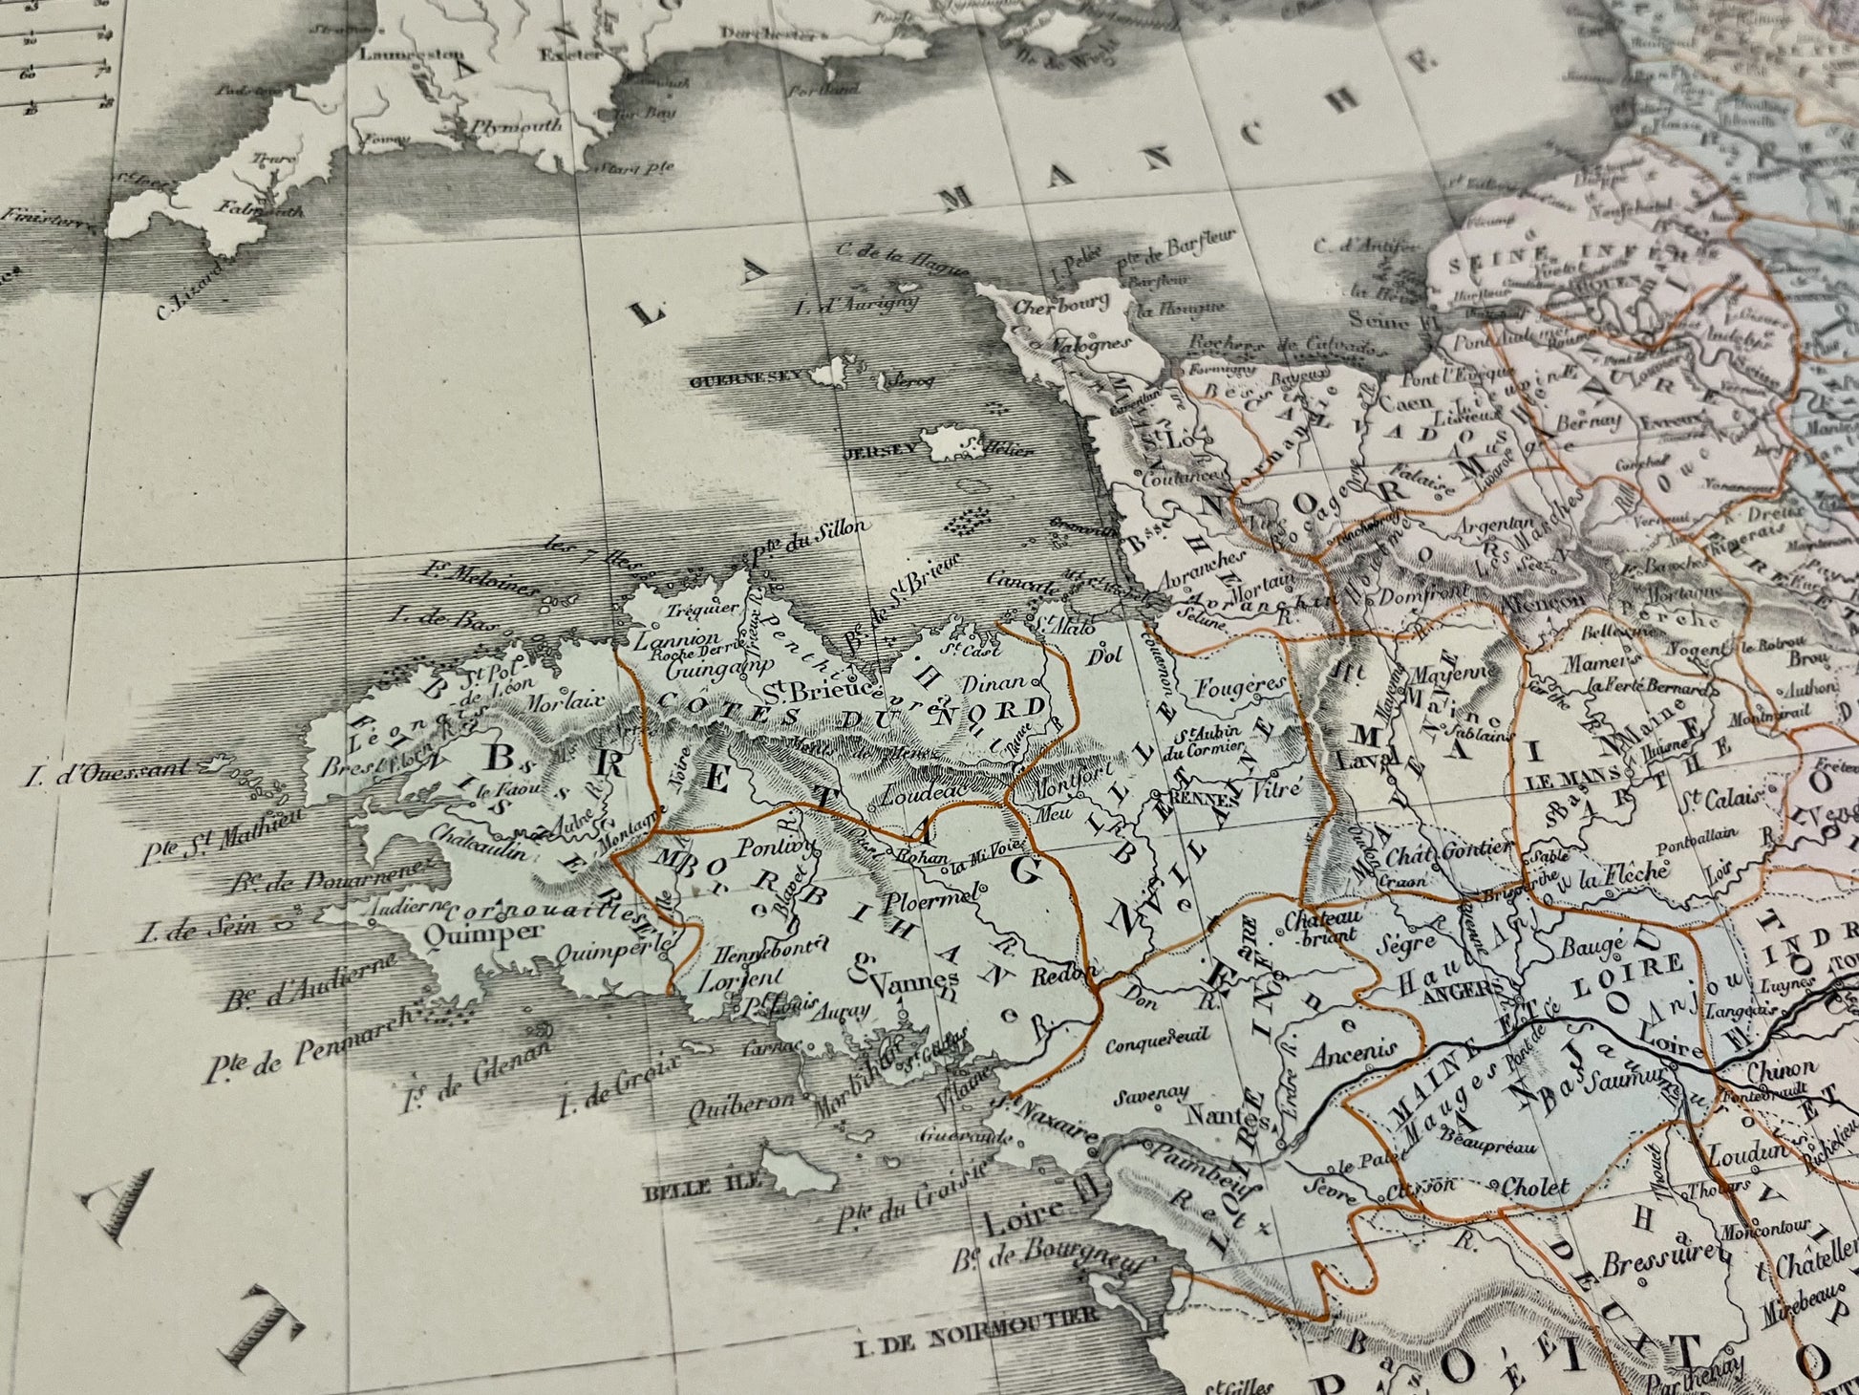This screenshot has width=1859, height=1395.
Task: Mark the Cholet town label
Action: point(1535,1188)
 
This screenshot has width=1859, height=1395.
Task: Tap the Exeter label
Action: point(558,54)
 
